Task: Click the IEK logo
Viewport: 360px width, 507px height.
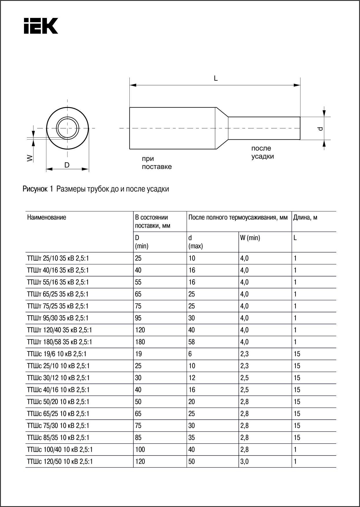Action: coord(41,26)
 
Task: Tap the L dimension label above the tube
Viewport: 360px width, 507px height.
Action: coord(216,78)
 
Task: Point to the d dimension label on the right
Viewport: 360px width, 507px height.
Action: coord(320,128)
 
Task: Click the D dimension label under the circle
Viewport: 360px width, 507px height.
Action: coord(67,165)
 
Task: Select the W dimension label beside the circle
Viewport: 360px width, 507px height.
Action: coord(30,158)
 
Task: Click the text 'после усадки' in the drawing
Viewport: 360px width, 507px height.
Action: coord(262,152)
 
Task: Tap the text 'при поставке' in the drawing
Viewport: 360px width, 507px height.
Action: coord(157,163)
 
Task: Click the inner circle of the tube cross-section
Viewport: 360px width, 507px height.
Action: coord(68,128)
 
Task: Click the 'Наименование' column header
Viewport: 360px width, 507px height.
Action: coord(47,217)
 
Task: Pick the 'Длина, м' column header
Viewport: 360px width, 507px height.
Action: coord(305,217)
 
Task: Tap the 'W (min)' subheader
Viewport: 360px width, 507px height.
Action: coord(250,238)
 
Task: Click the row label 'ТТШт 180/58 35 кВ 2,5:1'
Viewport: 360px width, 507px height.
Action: coord(60,342)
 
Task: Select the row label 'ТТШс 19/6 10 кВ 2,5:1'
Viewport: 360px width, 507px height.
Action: coord(57,354)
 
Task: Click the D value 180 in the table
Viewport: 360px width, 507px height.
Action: coord(140,342)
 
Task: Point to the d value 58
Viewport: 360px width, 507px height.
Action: coord(192,342)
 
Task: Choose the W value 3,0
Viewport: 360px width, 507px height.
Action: coord(244,462)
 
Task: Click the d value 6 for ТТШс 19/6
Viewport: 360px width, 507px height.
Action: coord(190,354)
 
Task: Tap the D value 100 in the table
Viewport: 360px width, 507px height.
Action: coord(140,450)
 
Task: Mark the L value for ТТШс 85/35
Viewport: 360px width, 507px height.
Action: coord(297,438)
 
